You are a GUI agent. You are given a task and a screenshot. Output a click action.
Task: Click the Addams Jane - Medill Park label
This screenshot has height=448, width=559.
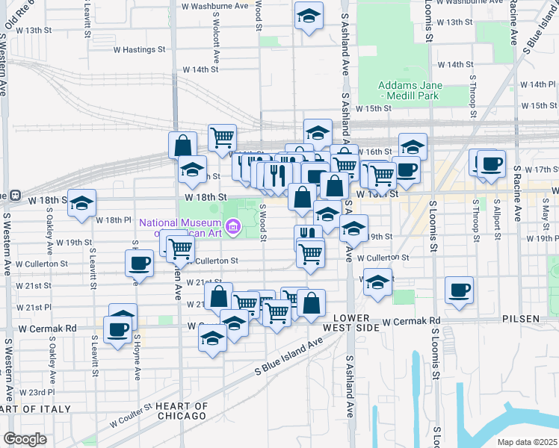click(410, 90)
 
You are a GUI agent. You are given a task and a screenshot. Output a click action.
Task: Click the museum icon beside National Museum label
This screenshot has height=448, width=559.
click(233, 225)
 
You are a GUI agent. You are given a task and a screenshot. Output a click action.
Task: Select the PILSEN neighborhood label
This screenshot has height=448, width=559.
click(520, 319)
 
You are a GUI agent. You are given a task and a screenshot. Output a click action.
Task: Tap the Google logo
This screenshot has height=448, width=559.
click(25, 439)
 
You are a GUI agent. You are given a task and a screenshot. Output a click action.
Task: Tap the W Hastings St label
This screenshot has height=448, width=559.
click(138, 50)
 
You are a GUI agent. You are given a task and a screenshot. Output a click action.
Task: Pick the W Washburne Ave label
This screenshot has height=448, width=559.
click(216, 5)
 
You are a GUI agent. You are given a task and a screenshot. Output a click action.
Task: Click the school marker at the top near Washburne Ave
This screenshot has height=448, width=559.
click(308, 16)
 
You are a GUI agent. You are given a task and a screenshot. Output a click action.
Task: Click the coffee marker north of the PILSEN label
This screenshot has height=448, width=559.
click(460, 290)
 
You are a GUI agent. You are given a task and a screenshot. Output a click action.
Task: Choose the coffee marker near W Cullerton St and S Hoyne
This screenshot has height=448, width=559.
click(140, 263)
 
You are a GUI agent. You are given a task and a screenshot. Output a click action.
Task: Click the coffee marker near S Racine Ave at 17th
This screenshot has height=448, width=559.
click(490, 164)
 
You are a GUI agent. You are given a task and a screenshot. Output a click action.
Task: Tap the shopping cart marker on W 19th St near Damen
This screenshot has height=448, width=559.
click(180, 247)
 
